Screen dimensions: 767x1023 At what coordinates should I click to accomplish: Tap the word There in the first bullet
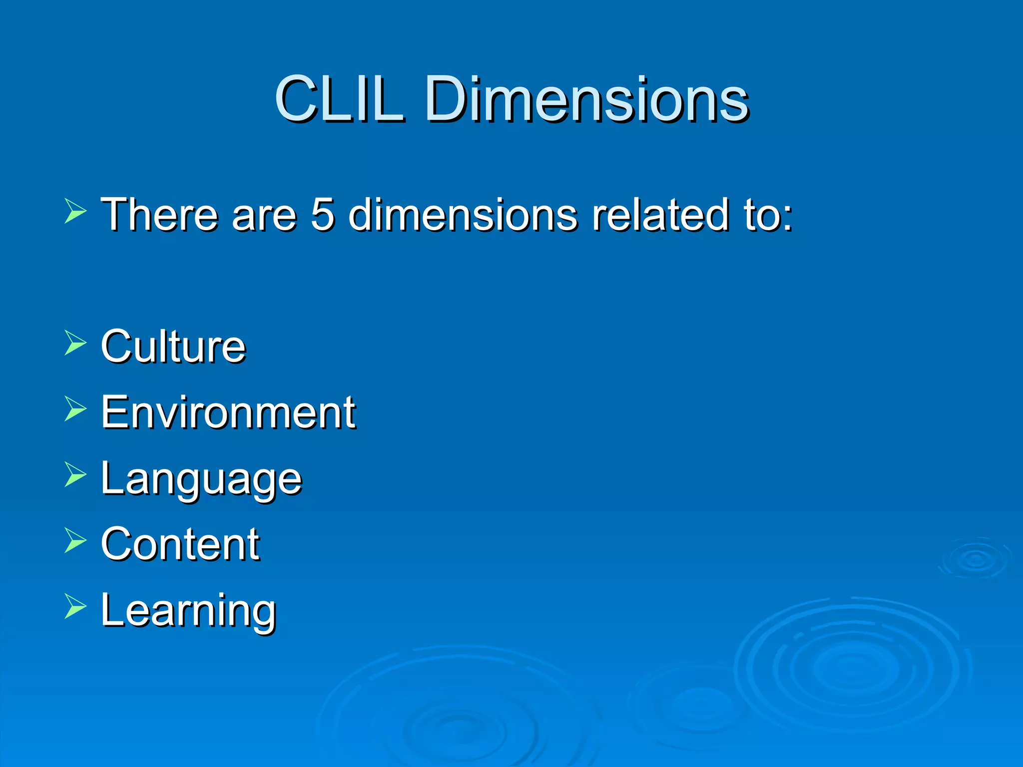pos(159,214)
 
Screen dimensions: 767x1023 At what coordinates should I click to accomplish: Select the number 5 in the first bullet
pos(322,214)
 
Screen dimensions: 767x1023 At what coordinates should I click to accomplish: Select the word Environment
pos(228,412)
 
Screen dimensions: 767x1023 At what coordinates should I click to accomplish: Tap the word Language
pos(201,479)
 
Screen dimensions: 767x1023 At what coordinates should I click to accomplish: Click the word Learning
pos(188,611)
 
